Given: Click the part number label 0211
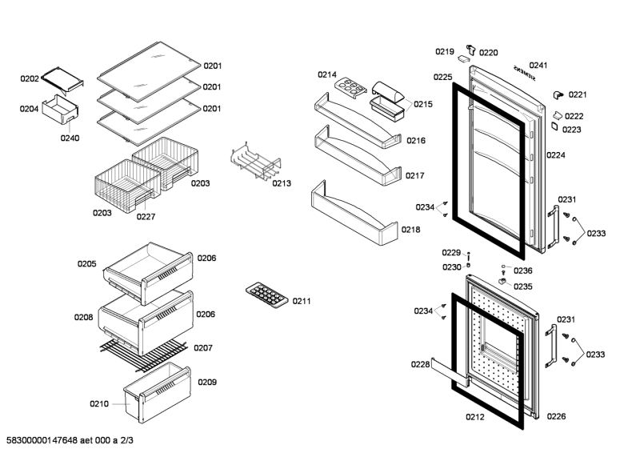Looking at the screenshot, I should [302, 301].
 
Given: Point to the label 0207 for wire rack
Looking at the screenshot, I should [203, 348].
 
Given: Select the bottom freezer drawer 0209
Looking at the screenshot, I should [157, 393].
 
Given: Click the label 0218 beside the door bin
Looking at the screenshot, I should [411, 230].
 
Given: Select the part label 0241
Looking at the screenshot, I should [538, 65].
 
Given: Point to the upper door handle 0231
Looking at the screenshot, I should [551, 226].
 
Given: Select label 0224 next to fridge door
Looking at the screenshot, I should [556, 156].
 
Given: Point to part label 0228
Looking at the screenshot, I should [421, 364].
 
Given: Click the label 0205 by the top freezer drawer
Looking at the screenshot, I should [87, 263].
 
